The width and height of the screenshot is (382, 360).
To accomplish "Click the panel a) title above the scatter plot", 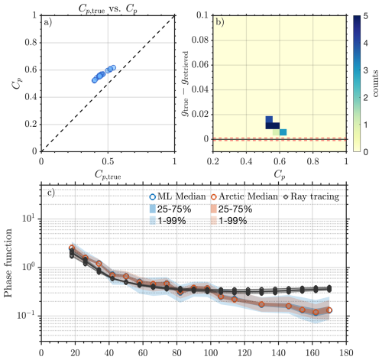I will pyautogui.click(x=108, y=6).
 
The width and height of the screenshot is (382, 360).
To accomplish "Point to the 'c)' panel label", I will pyautogui.click(x=49, y=192).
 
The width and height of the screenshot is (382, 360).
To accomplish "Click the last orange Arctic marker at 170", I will pyautogui.click(x=329, y=310).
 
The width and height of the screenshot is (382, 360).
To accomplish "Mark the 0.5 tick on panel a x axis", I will pyautogui.click(x=108, y=161).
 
